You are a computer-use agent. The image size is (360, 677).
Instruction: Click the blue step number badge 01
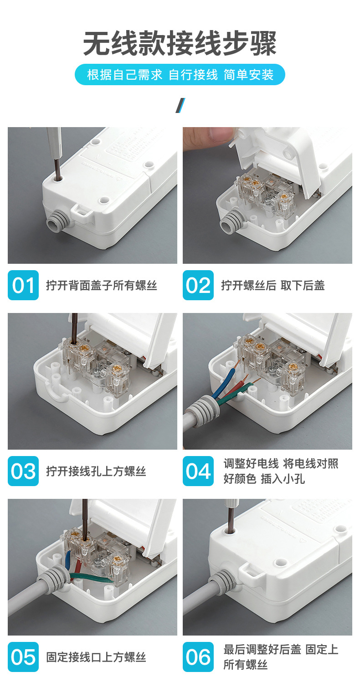pos(23,285)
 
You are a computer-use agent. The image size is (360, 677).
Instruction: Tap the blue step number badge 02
pos(198,285)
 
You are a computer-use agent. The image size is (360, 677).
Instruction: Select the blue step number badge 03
pos(23,471)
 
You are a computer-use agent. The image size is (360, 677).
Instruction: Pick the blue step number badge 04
pos(198,471)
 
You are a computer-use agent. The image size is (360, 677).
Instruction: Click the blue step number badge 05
pos(23,657)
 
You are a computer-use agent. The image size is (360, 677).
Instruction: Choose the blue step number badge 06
pos(198,657)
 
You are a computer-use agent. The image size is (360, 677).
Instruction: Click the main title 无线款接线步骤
pos(180,43)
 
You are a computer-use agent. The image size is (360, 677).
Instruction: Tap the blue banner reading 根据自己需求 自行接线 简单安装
pos(180,74)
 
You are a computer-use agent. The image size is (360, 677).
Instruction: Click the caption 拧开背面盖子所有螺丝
pos(102,285)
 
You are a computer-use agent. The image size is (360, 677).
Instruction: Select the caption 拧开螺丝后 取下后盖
pos(273,285)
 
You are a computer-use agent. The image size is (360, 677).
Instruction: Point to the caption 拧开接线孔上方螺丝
pos(96,471)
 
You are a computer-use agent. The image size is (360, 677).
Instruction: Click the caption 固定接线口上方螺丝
pos(96,657)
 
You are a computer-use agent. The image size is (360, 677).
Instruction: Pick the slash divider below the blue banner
pos(180,106)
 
